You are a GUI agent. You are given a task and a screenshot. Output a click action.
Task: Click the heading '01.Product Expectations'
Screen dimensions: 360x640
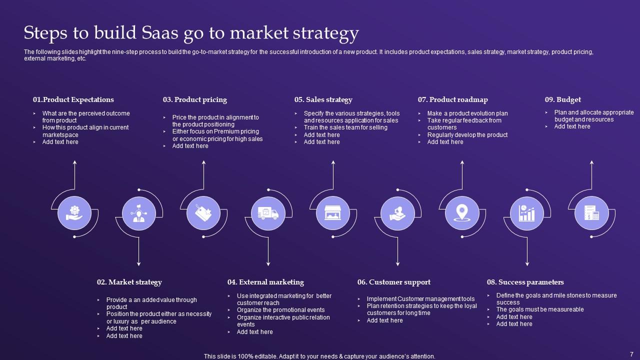point(73,99)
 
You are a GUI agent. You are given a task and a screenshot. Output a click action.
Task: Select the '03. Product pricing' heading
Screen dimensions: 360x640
point(195,99)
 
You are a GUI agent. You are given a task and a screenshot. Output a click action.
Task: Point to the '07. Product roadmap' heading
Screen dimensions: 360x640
point(453,99)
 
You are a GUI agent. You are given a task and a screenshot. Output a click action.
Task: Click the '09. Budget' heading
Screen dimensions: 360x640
point(563,99)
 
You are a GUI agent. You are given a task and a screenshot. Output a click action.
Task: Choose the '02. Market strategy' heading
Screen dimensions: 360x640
point(129,282)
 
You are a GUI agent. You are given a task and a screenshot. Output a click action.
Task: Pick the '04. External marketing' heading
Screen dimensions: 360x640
point(265,282)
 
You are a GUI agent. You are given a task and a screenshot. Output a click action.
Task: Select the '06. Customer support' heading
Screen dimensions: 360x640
point(394,282)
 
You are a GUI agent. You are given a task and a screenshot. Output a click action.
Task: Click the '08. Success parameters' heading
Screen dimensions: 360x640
point(525,282)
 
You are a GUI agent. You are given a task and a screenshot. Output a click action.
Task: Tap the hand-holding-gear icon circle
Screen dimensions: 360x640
point(74,213)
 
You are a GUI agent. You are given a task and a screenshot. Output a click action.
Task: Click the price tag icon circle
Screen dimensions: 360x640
point(203,213)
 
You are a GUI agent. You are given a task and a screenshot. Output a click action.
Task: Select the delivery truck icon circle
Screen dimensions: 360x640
point(268,213)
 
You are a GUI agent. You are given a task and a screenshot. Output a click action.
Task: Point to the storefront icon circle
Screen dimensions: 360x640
point(333,213)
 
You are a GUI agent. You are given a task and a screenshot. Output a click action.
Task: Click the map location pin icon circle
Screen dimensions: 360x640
point(461,213)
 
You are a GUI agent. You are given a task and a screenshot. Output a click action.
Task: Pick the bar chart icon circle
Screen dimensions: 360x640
point(526,213)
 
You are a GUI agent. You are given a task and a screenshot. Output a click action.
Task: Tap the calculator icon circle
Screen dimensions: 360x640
point(591,213)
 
